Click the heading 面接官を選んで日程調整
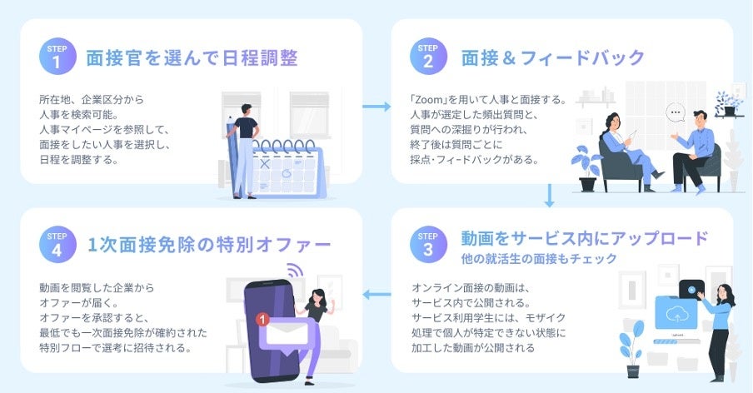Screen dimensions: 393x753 coord(192,58)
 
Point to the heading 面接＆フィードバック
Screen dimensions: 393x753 coord(553,58)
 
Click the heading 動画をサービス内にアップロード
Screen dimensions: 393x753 coord(584,237)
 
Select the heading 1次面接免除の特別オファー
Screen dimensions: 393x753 coord(209,245)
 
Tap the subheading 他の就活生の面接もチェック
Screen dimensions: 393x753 coord(539,259)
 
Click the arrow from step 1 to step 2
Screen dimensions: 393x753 coord(376,107)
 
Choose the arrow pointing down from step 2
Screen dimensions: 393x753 coord(549,196)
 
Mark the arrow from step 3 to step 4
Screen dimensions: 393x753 coord(376,293)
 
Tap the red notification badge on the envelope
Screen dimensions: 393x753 coord(263,318)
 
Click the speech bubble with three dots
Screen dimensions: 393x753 coord(676,112)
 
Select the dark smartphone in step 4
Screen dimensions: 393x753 coord(268,325)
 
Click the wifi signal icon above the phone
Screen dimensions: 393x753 coord(294,271)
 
